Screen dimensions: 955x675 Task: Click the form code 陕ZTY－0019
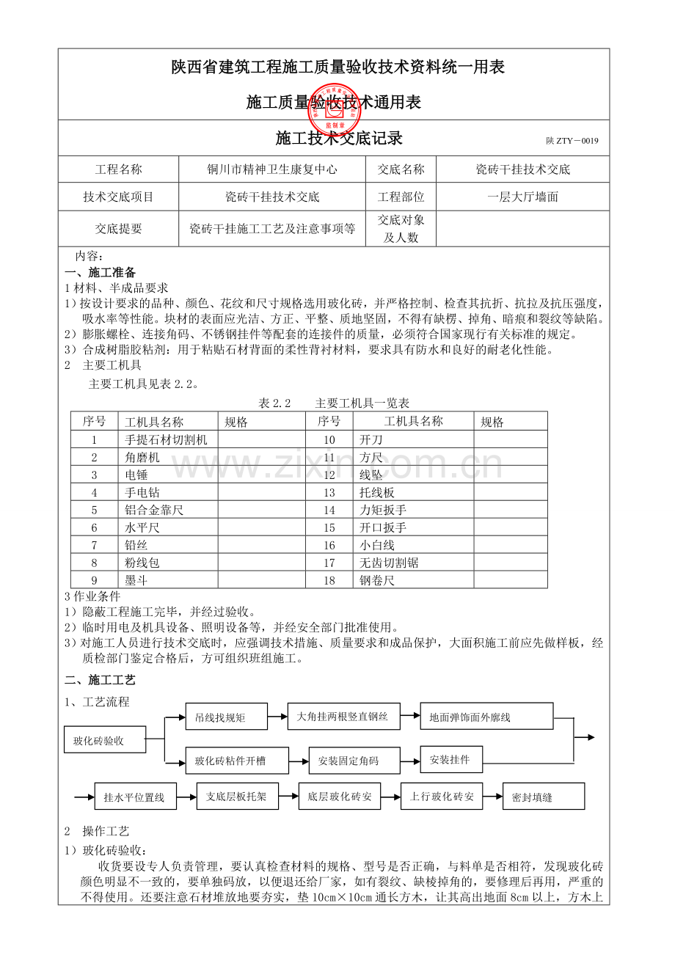[572, 141]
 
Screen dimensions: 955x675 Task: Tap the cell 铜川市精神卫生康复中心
[272, 169]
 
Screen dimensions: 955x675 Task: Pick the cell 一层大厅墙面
[522, 197]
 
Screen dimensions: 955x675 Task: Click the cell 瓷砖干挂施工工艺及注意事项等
[272, 229]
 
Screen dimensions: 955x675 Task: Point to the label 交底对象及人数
[401, 229]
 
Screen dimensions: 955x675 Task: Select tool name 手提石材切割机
[166, 440]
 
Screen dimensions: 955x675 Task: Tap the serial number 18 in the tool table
[329, 581]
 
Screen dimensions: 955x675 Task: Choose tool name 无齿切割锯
[389, 563]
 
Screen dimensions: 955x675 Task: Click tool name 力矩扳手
[383, 511]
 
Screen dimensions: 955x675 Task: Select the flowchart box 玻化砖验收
[104, 740]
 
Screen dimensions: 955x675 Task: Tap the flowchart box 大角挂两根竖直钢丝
[343, 716]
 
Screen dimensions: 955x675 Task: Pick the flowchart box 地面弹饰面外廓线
[486, 717]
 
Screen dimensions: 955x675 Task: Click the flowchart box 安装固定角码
[354, 761]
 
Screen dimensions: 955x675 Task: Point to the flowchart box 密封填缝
[543, 797]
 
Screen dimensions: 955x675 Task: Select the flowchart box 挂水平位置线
[135, 797]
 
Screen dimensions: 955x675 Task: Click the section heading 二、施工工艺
[100, 681]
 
